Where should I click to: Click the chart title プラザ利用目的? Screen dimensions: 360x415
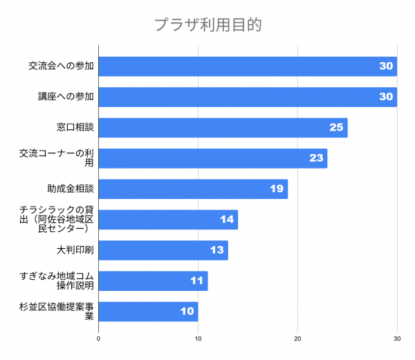point(207,26)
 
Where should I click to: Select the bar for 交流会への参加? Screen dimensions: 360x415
point(248,66)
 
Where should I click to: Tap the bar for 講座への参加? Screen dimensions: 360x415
point(248,97)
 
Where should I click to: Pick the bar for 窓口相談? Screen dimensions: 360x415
point(223,128)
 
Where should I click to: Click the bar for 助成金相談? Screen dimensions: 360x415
point(193,189)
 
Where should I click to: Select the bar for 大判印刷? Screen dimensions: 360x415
point(163,250)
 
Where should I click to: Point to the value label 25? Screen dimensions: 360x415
point(336,128)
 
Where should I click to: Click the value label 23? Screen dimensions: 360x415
point(316,158)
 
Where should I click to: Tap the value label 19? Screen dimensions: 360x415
point(277,189)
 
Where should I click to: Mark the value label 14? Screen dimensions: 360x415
point(227,220)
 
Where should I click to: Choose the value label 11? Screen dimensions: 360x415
point(196,281)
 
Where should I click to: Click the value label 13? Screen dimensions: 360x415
point(216,250)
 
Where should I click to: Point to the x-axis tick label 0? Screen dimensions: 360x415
point(99,339)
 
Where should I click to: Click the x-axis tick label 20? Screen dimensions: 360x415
point(297,339)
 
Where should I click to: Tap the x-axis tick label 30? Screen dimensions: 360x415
point(397,339)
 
